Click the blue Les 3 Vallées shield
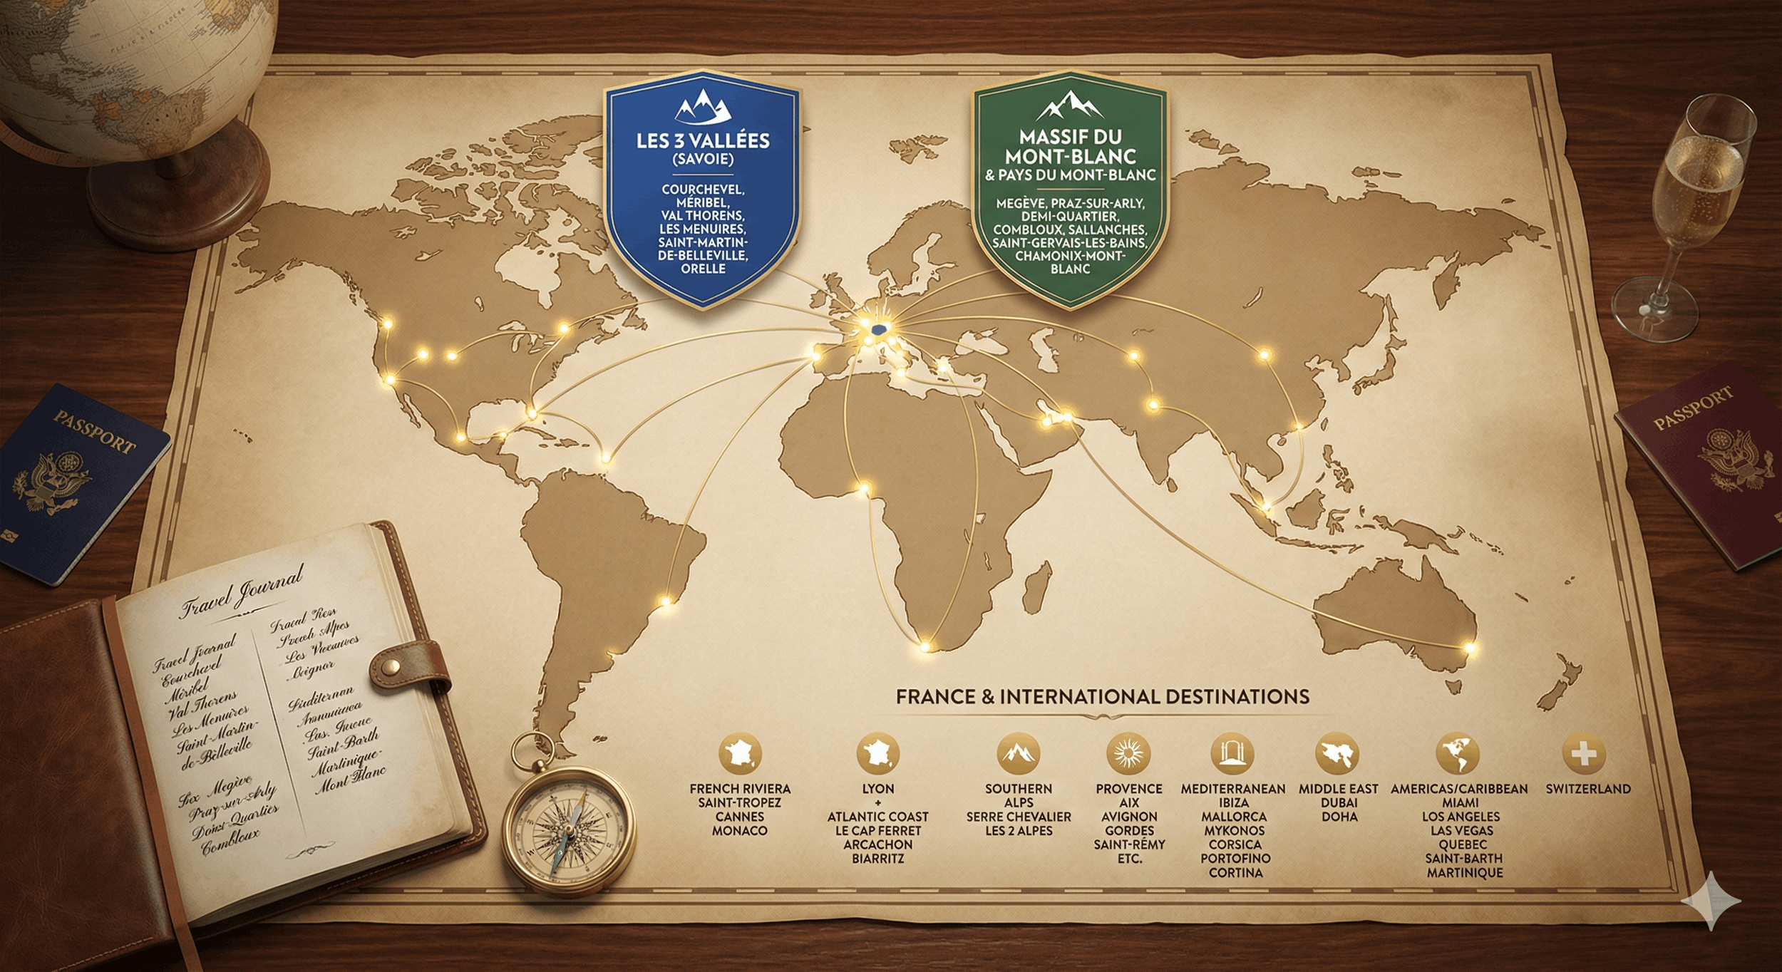coord(702,189)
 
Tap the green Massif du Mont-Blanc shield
coord(1070,189)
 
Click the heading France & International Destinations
coord(1102,696)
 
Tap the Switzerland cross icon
coord(1583,753)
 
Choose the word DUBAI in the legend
coord(1339,802)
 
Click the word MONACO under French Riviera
coord(740,830)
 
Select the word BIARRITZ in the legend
coord(877,859)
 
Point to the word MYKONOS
coord(1234,830)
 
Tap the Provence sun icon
coord(1128,753)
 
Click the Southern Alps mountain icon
coord(1018,753)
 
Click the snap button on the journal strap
coord(390,666)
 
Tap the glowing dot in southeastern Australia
coord(1468,647)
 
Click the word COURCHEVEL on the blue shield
coord(703,190)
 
